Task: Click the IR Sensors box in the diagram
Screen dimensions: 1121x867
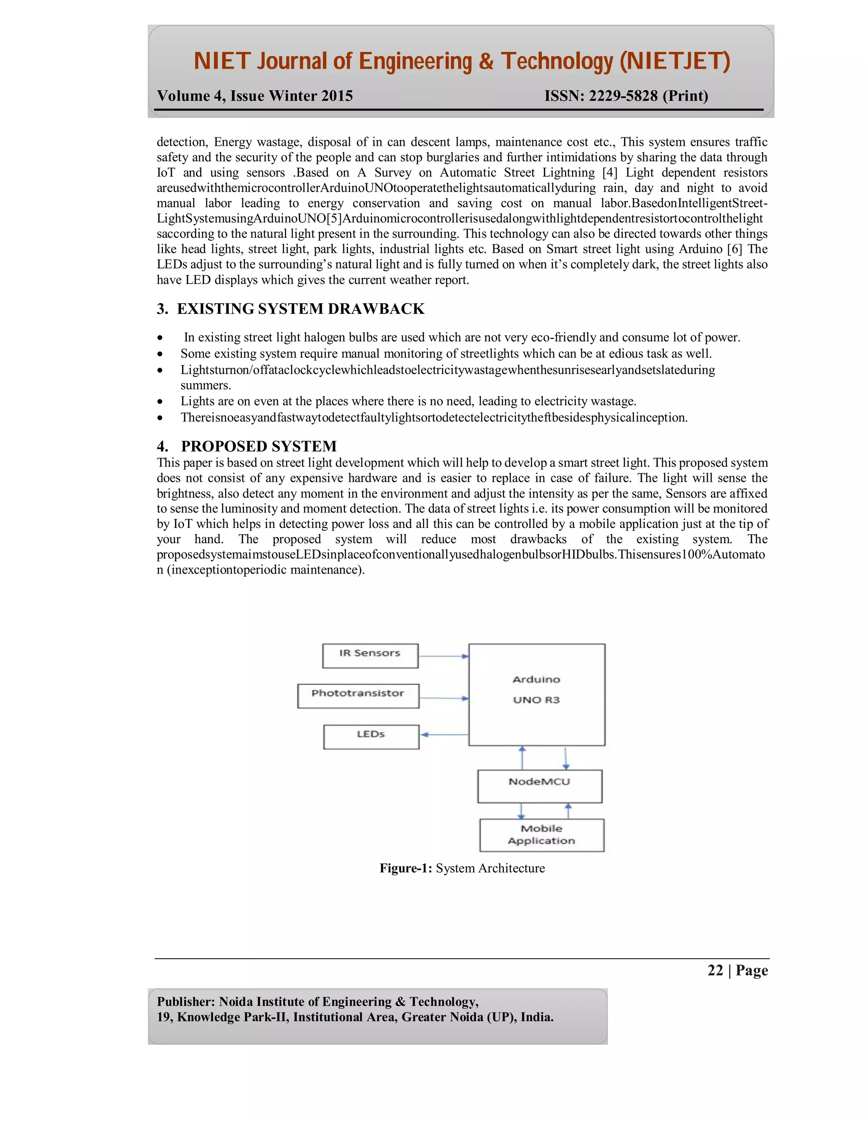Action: pos(370,655)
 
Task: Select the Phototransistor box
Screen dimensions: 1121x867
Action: pos(358,695)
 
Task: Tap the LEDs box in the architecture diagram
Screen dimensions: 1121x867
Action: pos(371,736)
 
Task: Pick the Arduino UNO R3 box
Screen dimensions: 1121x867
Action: pos(537,694)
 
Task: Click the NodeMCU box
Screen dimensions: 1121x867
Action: pos(539,786)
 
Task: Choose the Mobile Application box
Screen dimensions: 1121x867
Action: pos(541,835)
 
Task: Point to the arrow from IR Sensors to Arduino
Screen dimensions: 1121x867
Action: pos(443,656)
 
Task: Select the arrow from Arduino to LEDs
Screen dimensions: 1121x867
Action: pos(444,734)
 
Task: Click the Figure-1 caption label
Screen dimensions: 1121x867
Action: pos(406,868)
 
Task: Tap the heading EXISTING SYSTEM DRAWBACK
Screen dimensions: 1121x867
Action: pos(301,308)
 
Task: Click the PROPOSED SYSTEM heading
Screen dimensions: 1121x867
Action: pos(259,445)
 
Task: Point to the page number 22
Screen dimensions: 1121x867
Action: pos(715,970)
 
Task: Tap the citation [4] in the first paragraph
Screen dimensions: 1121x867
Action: pos(610,173)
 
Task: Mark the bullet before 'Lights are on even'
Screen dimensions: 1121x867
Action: pos(161,401)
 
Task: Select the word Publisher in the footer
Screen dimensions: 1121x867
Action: pos(185,1001)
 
